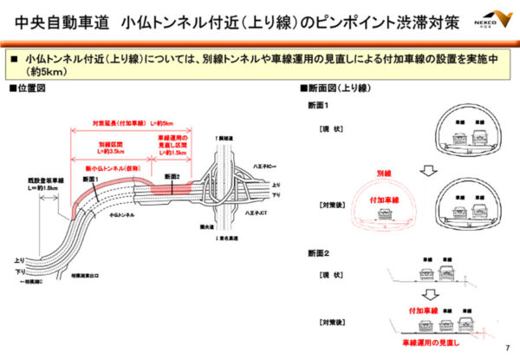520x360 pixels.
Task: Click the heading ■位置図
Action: click(27, 89)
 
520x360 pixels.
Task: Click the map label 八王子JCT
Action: click(259, 212)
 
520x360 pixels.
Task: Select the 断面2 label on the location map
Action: click(171, 176)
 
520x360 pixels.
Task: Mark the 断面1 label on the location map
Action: click(91, 179)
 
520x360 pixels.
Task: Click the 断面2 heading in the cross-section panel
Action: click(316, 253)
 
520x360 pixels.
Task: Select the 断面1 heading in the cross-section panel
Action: click(316, 106)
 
